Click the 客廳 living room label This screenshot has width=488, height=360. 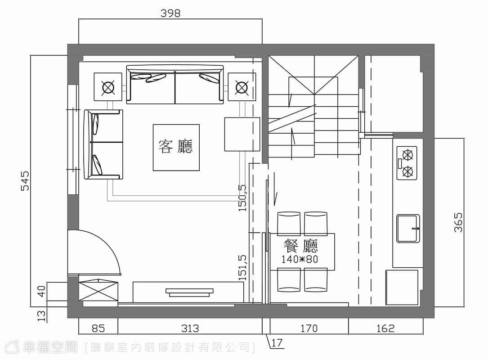point(176,146)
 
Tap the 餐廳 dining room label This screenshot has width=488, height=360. point(300,246)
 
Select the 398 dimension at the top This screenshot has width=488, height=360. point(170,13)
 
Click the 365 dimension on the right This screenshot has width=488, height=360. point(458,222)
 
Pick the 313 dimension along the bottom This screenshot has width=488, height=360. point(190,328)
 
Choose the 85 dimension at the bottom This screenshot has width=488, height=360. point(98,328)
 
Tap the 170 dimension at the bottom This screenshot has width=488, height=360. point(309,328)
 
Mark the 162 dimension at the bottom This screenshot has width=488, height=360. point(385,328)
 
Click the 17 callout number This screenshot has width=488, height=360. point(277,343)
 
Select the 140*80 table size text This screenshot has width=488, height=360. point(300,259)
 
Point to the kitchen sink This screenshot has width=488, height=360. point(408,228)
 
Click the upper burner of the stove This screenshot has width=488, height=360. point(407,154)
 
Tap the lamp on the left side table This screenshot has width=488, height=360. point(107,87)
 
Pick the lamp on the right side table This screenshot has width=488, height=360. point(242,87)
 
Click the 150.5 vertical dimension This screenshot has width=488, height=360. point(242,198)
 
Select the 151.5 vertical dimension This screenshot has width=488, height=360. point(242,267)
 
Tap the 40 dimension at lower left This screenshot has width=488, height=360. point(41,292)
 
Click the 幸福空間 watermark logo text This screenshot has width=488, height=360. point(49,347)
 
